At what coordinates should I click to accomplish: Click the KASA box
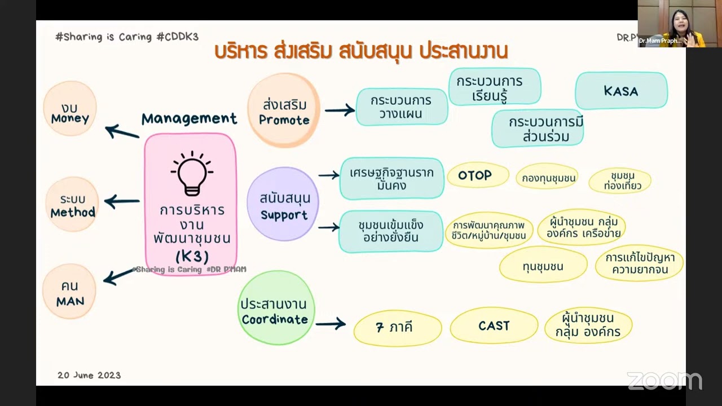[621, 91]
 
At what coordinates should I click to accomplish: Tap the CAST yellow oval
[494, 326]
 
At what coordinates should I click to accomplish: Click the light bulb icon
[192, 173]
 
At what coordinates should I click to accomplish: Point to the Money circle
[70, 108]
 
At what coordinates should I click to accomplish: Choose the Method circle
[72, 204]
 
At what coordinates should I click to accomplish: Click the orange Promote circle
[284, 111]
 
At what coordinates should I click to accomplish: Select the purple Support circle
[283, 204]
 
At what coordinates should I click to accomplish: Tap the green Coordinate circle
[275, 308]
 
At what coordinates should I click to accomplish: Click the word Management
[189, 118]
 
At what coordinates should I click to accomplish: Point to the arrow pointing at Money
[122, 132]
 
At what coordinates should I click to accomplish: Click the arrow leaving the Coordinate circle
[331, 324]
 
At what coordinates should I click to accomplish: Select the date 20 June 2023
[89, 375]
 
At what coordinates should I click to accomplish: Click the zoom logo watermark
[664, 381]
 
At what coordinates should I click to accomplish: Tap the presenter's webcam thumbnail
[671, 23]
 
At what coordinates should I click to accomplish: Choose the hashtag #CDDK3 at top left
[177, 37]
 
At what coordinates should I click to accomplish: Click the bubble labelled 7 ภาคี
[397, 327]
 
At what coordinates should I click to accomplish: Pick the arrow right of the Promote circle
[340, 110]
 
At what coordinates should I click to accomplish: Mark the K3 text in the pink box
[192, 256]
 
